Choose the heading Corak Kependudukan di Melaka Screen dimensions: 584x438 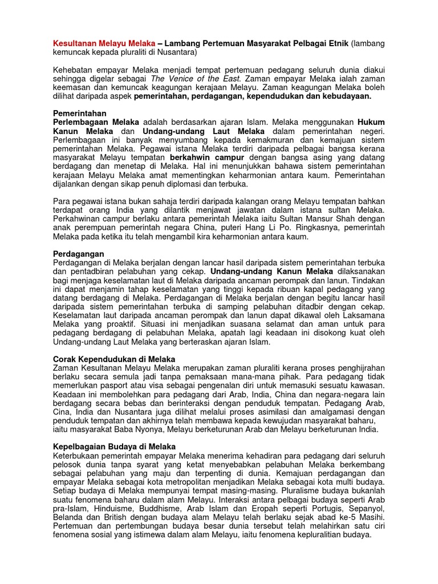click(x=114, y=359)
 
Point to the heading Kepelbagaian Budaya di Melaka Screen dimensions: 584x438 click(x=114, y=447)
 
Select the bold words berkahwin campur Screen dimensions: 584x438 click(x=205, y=157)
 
